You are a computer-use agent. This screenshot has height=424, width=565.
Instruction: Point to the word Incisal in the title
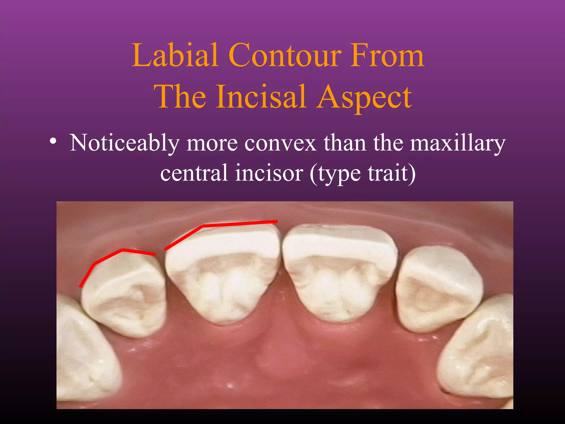(261, 97)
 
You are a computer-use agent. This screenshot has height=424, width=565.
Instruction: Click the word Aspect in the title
(364, 97)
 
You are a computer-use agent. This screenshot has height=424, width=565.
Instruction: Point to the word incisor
(269, 173)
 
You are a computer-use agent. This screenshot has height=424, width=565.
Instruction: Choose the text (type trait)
(363, 173)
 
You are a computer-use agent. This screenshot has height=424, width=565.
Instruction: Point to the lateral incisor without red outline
(439, 290)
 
